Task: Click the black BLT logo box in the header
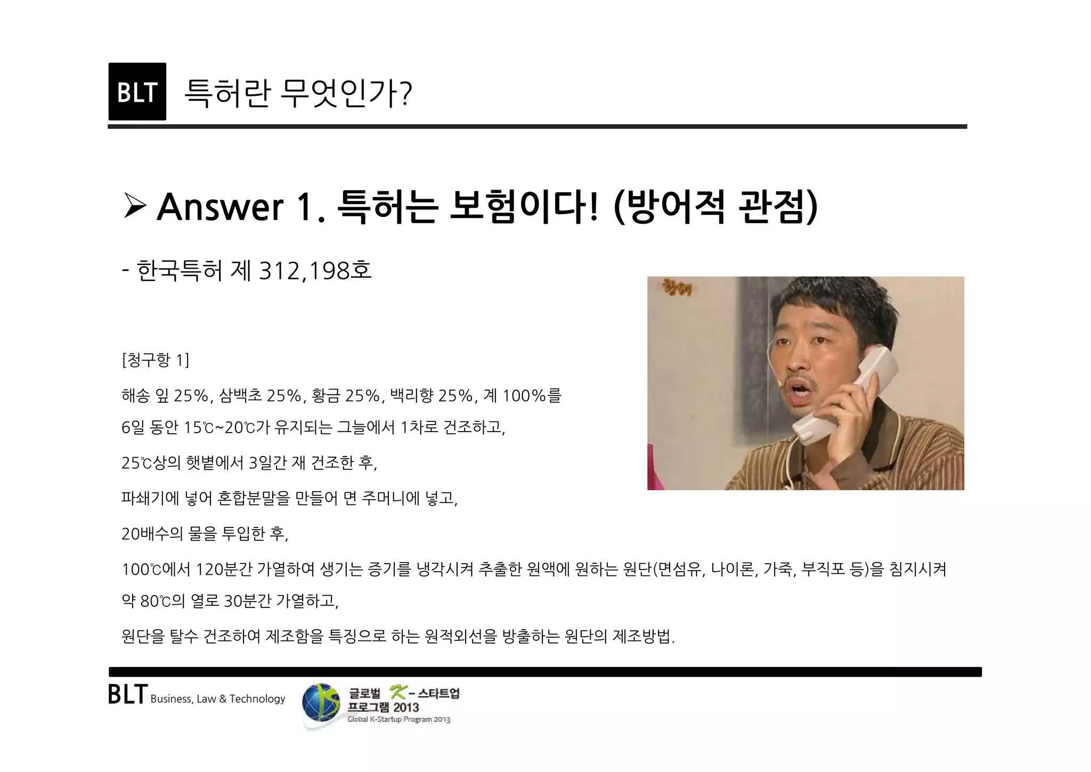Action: click(137, 92)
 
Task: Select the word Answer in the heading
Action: click(219, 207)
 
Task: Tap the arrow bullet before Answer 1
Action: click(134, 206)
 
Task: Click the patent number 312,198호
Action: click(314, 271)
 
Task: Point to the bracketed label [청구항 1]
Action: click(155, 361)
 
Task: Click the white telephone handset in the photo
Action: click(847, 394)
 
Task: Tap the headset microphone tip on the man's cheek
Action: click(779, 381)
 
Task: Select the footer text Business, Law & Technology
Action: click(218, 699)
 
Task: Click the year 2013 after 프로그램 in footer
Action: click(406, 708)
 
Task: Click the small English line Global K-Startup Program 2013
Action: click(398, 720)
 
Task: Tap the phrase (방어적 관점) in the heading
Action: click(715, 207)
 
